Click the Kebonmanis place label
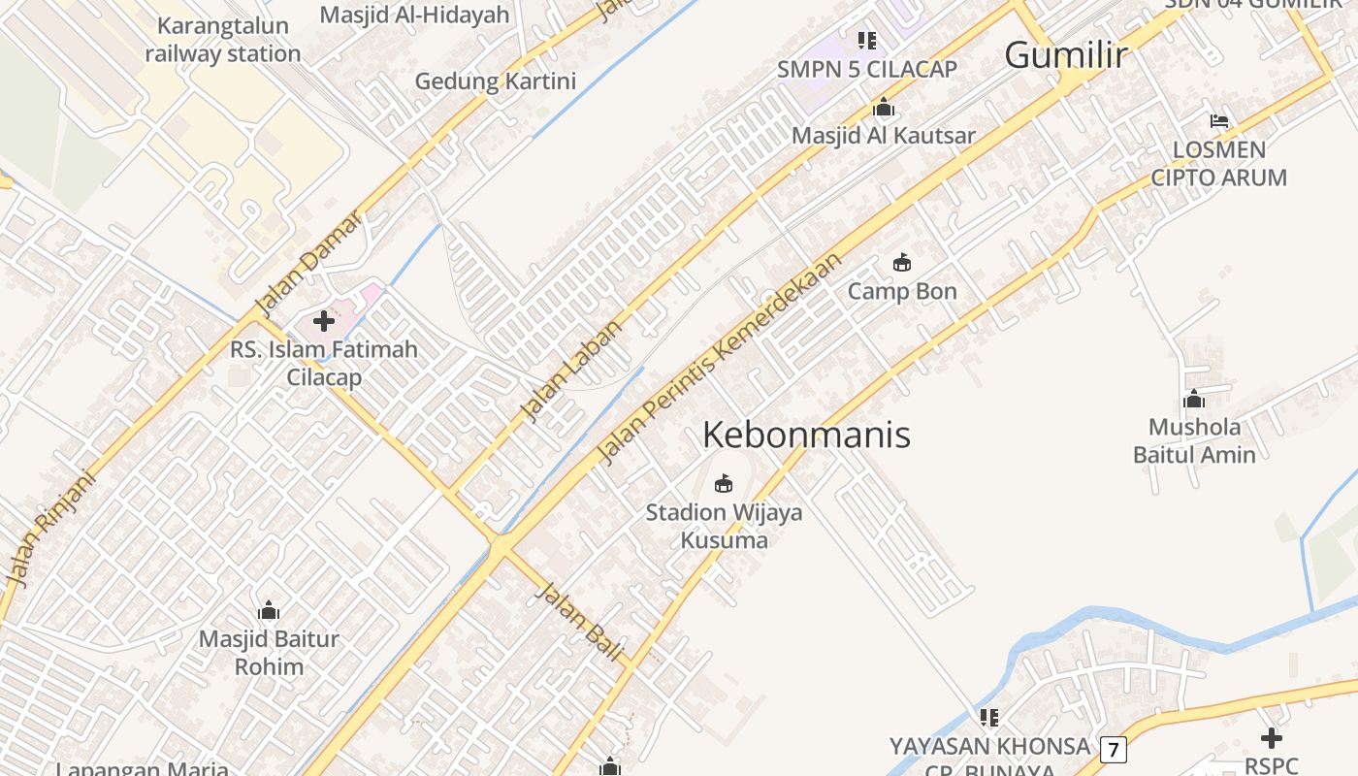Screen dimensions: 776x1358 tap(806, 435)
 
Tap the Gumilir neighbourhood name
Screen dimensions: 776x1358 tap(1066, 55)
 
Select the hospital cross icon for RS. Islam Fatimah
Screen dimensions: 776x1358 tap(324, 321)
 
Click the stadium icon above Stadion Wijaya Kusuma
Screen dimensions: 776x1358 tap(724, 483)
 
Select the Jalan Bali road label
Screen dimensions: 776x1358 tap(579, 622)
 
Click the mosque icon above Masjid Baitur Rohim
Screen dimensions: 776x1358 tap(269, 610)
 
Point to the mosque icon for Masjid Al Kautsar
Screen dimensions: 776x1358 tap(883, 107)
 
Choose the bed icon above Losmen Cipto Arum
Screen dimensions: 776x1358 tap(1219, 121)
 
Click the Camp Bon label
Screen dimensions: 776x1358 tap(902, 291)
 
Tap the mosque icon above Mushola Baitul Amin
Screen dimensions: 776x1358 tap(1194, 399)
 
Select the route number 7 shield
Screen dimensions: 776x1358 tap(1114, 749)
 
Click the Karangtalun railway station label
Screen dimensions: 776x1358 tap(223, 40)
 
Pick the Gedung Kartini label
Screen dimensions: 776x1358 tap(496, 81)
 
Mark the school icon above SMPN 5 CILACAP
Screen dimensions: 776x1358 tap(867, 41)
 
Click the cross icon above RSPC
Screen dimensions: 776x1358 tap(1271, 738)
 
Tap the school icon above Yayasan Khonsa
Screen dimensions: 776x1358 tap(989, 718)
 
